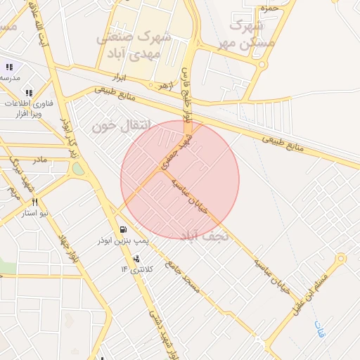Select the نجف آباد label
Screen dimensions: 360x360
click(205, 235)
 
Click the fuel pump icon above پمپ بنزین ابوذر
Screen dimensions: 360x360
click(124, 230)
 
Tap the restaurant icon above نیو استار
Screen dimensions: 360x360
click(34, 202)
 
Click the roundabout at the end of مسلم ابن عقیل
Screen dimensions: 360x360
click(341, 258)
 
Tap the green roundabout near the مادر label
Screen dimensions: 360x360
click(78, 169)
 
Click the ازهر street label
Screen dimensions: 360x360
click(165, 86)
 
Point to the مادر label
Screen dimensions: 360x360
click(40, 160)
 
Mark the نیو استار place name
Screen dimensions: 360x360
click(34, 213)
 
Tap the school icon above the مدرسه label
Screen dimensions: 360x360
click(9, 67)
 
